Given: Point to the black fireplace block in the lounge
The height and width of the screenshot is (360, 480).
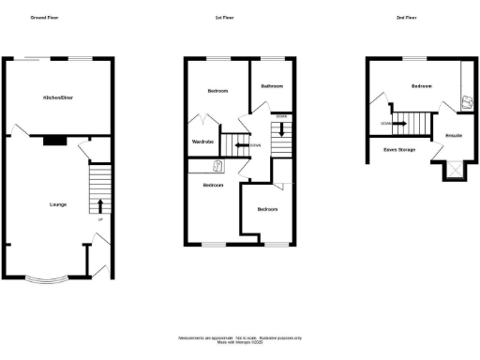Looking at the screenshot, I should click(54, 142).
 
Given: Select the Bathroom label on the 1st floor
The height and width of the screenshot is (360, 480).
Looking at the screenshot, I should click(273, 86).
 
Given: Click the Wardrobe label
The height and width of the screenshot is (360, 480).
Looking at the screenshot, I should click(203, 142).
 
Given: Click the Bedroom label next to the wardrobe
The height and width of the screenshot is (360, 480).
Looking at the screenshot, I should click(217, 91).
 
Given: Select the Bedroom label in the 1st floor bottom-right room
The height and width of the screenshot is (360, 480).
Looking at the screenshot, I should click(267, 209).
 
